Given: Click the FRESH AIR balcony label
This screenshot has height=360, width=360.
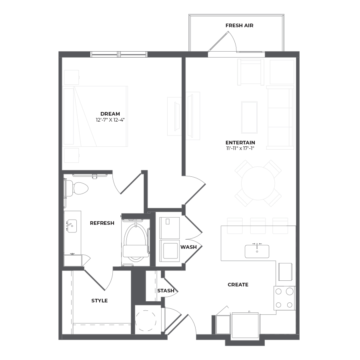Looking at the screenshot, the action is coord(239,26).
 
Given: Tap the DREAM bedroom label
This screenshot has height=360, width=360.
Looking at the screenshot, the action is coord(110,114).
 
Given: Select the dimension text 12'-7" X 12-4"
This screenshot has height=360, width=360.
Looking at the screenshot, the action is coord(110,120).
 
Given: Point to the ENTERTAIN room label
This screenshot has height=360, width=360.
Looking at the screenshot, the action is coord(240,142).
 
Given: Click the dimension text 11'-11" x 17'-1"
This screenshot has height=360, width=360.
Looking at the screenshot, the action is coord(240,148).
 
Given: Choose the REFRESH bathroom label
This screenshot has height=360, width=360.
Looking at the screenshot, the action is coord(102,223).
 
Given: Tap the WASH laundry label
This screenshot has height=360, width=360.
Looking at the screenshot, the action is coord(188,247).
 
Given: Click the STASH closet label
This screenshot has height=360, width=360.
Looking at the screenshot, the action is coord(166,291).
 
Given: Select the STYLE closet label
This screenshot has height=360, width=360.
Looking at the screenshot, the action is coord(100,301).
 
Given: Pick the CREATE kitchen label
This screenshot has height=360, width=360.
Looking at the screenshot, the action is coord(238,285).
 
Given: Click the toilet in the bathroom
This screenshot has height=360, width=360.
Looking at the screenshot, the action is coord(78,188).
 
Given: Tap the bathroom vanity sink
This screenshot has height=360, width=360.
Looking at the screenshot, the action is coord(72,226).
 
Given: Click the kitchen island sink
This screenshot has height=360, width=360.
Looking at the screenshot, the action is coord(257,252).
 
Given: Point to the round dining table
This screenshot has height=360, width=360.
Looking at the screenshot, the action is coord(258,183).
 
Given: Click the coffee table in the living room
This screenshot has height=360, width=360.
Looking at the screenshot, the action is coord(249,117).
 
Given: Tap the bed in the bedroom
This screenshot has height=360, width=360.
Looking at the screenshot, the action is coord(95,116).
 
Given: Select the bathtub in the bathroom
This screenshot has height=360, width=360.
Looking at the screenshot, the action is coord(136,243).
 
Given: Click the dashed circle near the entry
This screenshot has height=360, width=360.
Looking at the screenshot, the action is coord(145,320).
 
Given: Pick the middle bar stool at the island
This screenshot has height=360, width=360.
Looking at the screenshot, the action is coord(258,226).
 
